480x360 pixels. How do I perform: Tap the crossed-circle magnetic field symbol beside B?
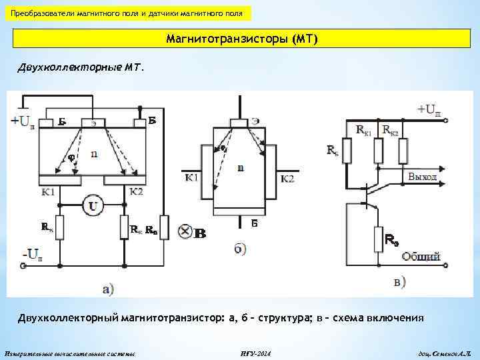(185, 232)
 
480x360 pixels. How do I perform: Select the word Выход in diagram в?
(422, 177)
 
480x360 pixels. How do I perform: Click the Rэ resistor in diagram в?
(377, 238)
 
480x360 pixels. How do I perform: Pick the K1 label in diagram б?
(191, 178)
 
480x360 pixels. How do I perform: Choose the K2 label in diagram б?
(287, 178)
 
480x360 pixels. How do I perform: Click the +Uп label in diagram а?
(23, 122)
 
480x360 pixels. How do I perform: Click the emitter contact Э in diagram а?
(92, 123)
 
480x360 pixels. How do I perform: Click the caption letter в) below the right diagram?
(400, 283)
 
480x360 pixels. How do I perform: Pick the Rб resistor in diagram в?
(346, 151)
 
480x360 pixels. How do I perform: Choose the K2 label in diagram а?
(136, 191)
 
